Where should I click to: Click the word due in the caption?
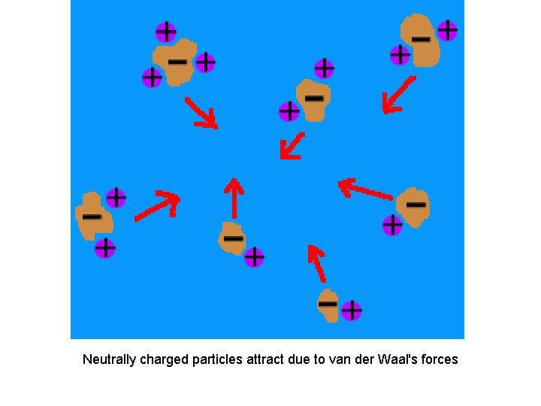(x=299, y=359)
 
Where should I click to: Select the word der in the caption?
(x=366, y=359)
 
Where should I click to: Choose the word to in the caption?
(x=319, y=359)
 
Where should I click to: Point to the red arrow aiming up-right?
(x=157, y=205)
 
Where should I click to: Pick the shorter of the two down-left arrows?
(x=292, y=146)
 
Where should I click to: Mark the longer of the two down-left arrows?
(x=398, y=95)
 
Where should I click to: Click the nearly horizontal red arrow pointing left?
(x=365, y=189)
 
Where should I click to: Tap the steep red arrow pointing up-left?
(x=316, y=263)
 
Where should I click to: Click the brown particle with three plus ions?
(x=174, y=64)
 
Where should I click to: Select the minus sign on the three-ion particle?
(x=177, y=61)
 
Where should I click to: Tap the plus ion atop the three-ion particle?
(x=165, y=32)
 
